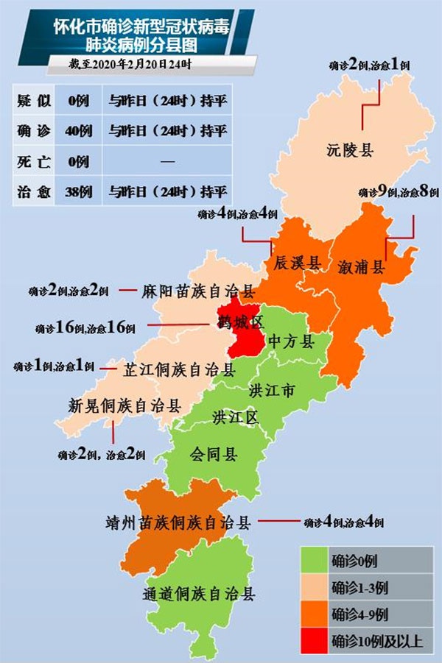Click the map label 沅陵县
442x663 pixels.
(350, 152)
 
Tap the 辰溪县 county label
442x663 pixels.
(297, 263)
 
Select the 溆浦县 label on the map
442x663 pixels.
(361, 266)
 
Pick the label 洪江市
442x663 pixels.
(273, 390)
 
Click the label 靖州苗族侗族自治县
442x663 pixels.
(179, 523)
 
